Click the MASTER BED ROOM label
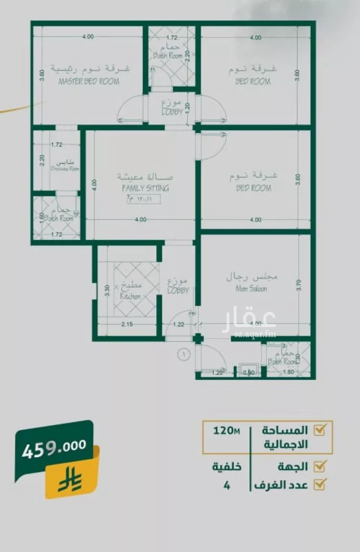pyautogui.click(x=89, y=82)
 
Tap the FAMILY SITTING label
pyautogui.click(x=145, y=188)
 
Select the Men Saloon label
pyautogui.click(x=251, y=289)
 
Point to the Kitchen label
pyautogui.click(x=131, y=296)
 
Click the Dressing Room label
pyautogui.click(x=65, y=168)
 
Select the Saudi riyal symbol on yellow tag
pyautogui.click(x=70, y=480)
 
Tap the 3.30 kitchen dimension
pyautogui.click(x=107, y=290)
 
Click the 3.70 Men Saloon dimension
pyautogui.click(x=299, y=287)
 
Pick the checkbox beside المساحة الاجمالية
pyautogui.click(x=319, y=430)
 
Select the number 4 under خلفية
pyautogui.click(x=227, y=485)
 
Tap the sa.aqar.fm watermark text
pyautogui.click(x=255, y=334)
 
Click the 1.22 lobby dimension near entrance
pyautogui.click(x=178, y=325)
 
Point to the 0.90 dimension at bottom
pyautogui.click(x=248, y=372)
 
